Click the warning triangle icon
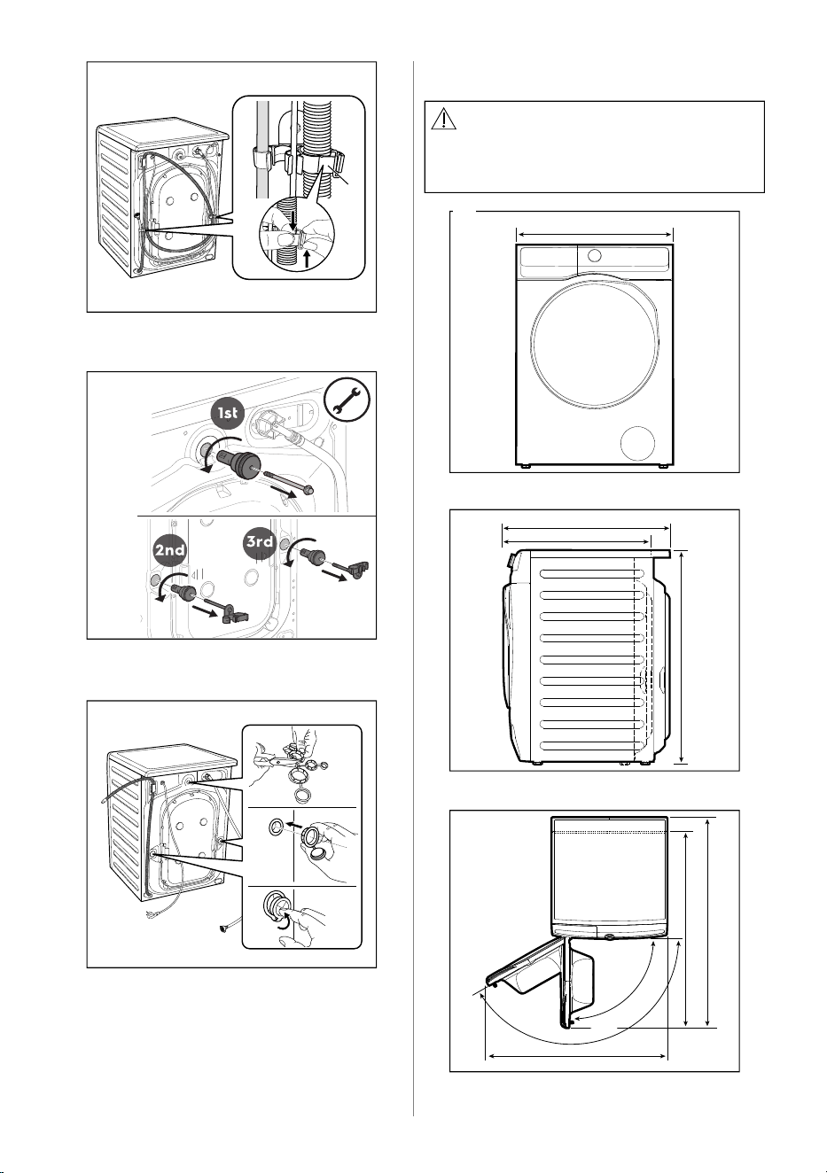(x=443, y=119)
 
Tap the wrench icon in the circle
(x=347, y=400)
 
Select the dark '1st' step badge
(x=228, y=413)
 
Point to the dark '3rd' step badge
(x=260, y=541)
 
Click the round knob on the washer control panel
(x=594, y=256)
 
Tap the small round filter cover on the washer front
(x=637, y=443)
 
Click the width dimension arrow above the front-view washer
(x=594, y=235)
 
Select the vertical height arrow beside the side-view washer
(x=682, y=656)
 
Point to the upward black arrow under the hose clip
(x=307, y=257)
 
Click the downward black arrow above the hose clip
(x=293, y=221)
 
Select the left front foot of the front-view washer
(x=525, y=465)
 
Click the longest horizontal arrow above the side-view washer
(x=586, y=528)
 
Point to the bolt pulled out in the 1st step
(x=288, y=481)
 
